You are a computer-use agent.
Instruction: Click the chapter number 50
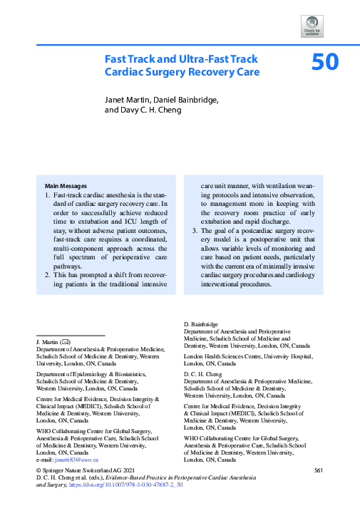[325, 63]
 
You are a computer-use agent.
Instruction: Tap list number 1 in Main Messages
[47, 195]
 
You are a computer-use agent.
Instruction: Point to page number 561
[319, 470]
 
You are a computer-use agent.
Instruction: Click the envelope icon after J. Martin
[65, 342]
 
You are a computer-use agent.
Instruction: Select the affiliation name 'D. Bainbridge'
[201, 324]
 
